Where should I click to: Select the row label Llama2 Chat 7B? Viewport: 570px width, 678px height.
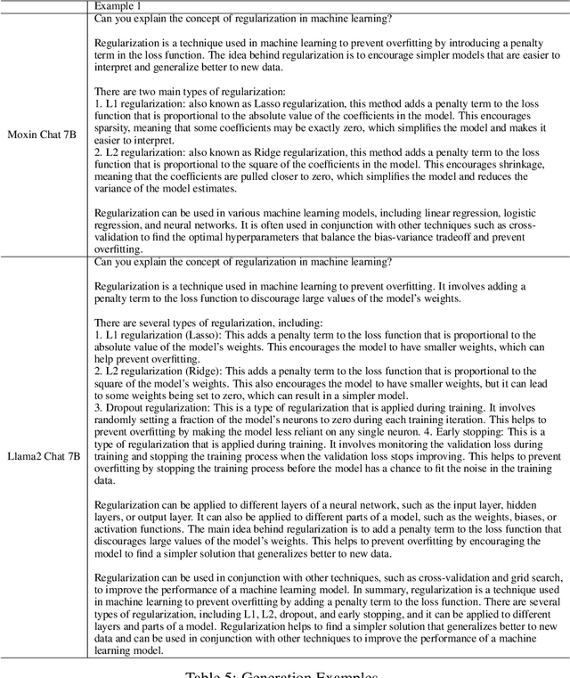click(x=44, y=456)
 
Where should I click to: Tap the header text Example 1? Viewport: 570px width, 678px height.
click(x=120, y=6)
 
